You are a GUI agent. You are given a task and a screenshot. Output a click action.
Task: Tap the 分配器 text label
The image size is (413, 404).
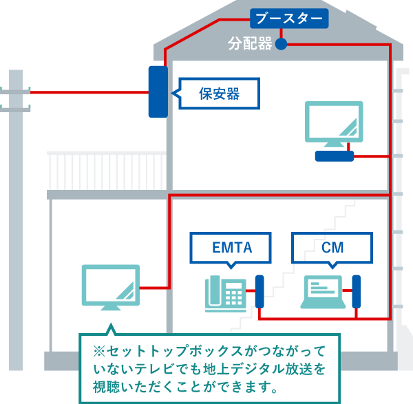pos(251,45)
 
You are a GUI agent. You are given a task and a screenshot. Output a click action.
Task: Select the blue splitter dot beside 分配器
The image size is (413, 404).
pos(281,45)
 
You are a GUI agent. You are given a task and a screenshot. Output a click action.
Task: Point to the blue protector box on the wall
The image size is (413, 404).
pos(158,92)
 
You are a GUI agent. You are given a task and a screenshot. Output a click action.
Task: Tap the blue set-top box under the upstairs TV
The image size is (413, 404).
pos(334,156)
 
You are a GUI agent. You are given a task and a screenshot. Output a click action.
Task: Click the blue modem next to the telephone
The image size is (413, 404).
pos(260,292)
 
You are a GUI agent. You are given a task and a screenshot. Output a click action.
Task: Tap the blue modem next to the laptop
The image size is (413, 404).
pos(357,292)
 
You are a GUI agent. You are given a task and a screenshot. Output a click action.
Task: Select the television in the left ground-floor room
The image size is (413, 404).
pos(110,286)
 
